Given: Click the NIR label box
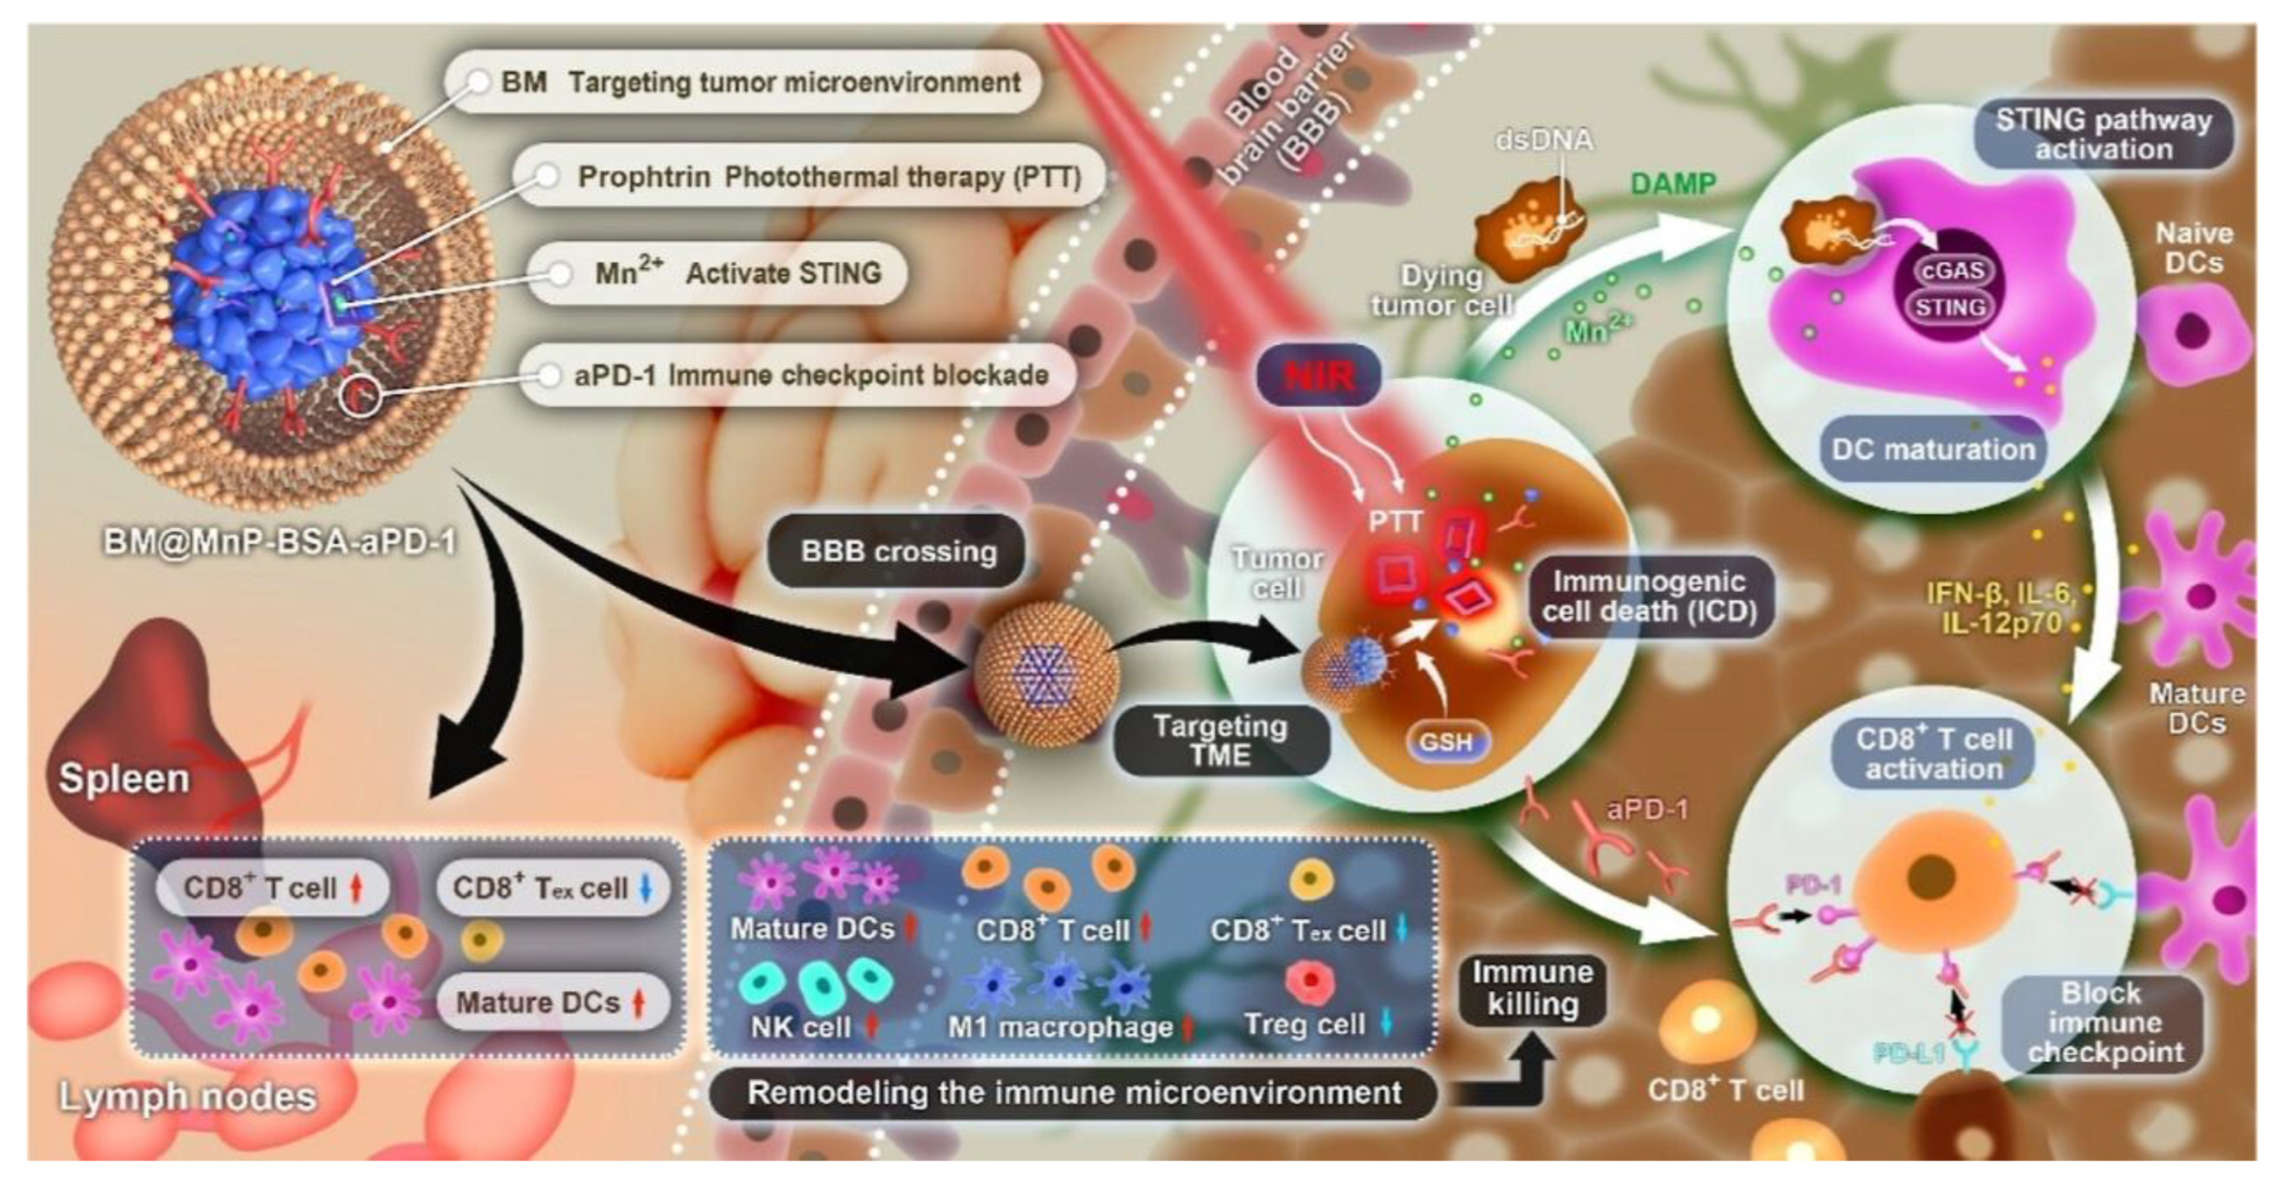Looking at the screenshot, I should click(1319, 377).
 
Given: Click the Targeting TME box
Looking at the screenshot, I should click(1220, 741).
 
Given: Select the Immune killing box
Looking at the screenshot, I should click(1533, 988).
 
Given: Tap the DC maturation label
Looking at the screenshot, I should click(1933, 449).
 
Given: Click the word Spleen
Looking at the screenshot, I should click(124, 778).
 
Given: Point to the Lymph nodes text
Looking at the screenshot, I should click(187, 1097).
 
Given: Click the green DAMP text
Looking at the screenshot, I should click(1672, 184).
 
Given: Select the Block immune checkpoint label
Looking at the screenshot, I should click(2105, 1023).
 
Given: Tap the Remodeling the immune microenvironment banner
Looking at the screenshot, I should click(1074, 1092).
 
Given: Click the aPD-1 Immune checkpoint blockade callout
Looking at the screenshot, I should click(797, 375).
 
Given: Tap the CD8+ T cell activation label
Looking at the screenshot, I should click(1934, 754).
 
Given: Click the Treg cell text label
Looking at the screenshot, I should click(1304, 1025).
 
